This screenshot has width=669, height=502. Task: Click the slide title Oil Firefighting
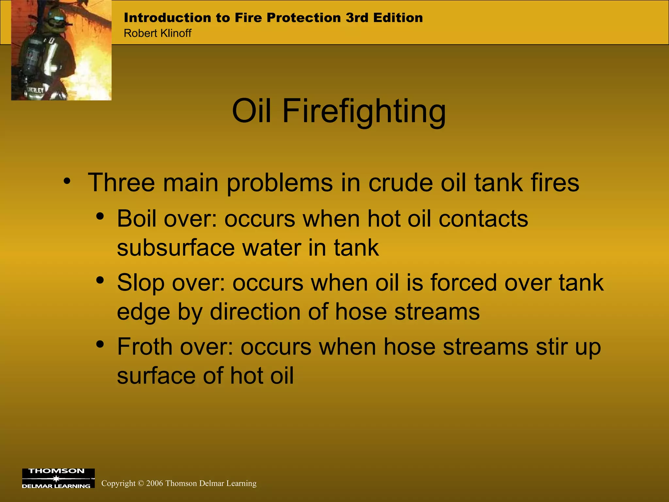(x=339, y=111)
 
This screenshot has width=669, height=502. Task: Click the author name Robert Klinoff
(x=157, y=33)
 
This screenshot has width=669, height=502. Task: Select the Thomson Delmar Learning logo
(x=58, y=478)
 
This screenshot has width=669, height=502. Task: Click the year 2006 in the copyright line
(x=155, y=483)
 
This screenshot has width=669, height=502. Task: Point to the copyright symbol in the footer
(x=141, y=483)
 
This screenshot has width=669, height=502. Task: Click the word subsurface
(x=176, y=248)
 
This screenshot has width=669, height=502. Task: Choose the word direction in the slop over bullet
(x=255, y=312)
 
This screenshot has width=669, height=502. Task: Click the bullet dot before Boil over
(x=100, y=216)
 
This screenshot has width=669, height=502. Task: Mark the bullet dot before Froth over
(x=100, y=344)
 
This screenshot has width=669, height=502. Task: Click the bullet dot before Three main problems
(x=67, y=181)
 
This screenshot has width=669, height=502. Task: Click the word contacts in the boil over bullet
(x=483, y=219)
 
